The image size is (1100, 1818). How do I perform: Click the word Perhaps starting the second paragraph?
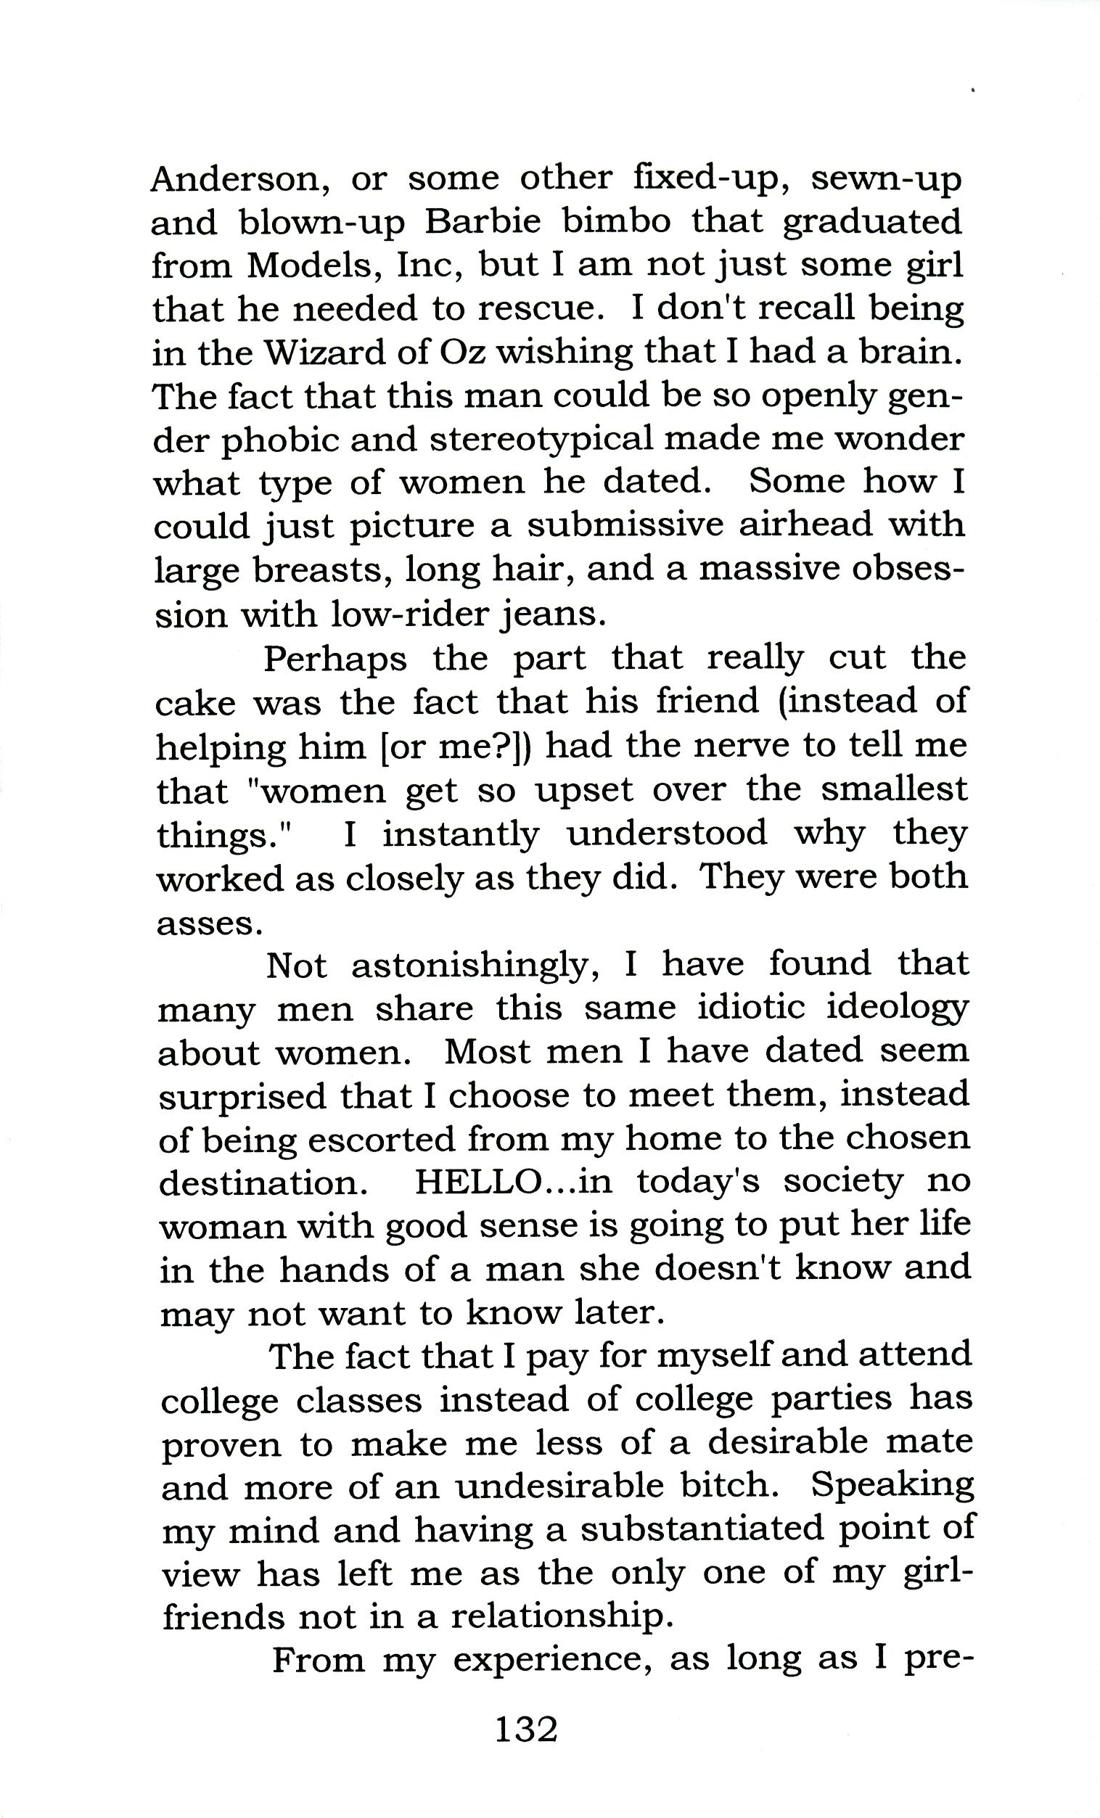(x=336, y=659)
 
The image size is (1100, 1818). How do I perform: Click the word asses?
(x=210, y=922)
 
